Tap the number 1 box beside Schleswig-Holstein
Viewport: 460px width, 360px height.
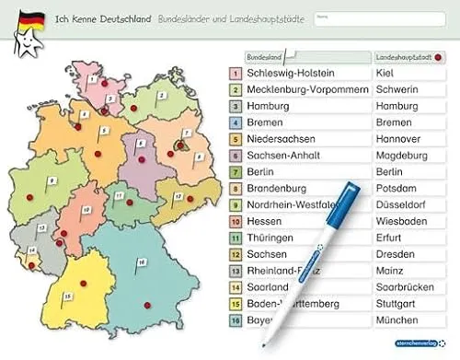[x=236, y=73]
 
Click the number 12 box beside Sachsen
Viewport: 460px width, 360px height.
[x=236, y=254]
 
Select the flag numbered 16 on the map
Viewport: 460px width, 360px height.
[x=141, y=263]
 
